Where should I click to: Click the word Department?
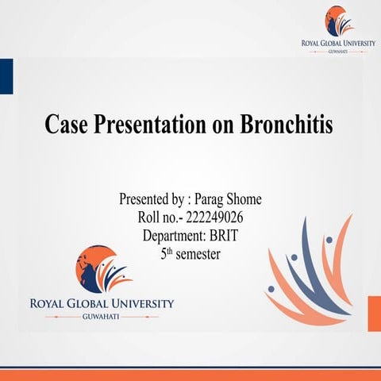pos(173,236)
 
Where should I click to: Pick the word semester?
pos(196,255)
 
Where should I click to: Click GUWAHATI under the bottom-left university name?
pos(102,316)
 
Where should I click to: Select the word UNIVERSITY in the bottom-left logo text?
pos(138,303)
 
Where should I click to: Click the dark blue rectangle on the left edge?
pos(6,75)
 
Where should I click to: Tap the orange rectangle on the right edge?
pos(374,313)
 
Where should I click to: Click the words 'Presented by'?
pos(147,198)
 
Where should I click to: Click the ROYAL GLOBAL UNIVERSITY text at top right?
pos(339,43)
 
